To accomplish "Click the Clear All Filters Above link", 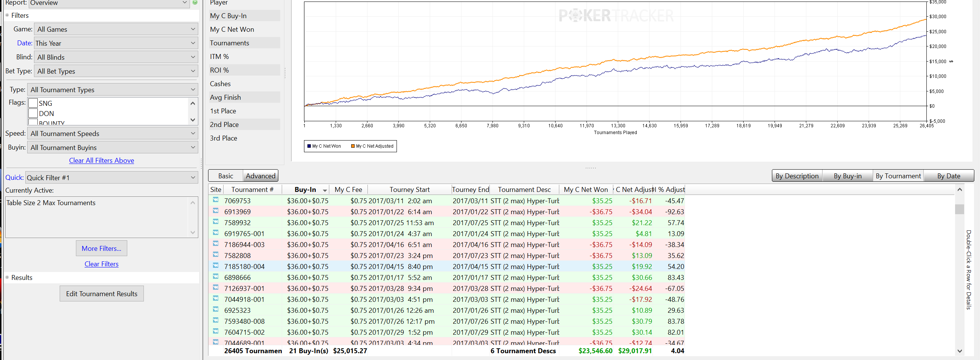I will point(101,161).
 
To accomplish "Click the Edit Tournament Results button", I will point(102,294).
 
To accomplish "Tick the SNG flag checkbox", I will point(33,103).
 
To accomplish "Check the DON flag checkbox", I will point(33,113).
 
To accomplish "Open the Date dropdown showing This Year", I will point(116,43).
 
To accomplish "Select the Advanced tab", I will point(260,176).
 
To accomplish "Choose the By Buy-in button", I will point(847,176).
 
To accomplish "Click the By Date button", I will point(948,176).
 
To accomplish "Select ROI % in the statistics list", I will point(219,70).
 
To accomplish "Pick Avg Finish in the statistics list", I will point(225,97).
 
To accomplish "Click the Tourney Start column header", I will point(409,190).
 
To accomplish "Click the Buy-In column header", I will point(305,190).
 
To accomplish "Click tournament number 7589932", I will point(238,222).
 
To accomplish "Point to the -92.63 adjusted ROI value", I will point(674,212).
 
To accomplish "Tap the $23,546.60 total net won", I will point(595,351).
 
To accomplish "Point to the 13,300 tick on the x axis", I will point(618,125).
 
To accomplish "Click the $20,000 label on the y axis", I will point(938,46).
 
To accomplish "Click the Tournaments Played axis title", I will point(615,133).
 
